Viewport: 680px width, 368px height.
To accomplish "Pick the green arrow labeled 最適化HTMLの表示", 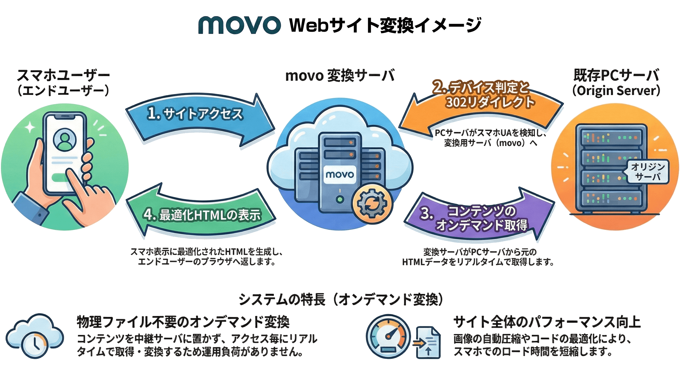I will coord(198,217).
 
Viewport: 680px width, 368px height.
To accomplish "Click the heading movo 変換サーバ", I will coord(340,76).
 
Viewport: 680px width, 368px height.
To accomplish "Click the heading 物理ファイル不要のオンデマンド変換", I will coord(183,322).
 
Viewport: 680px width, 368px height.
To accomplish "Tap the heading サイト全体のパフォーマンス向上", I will coord(547,322).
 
